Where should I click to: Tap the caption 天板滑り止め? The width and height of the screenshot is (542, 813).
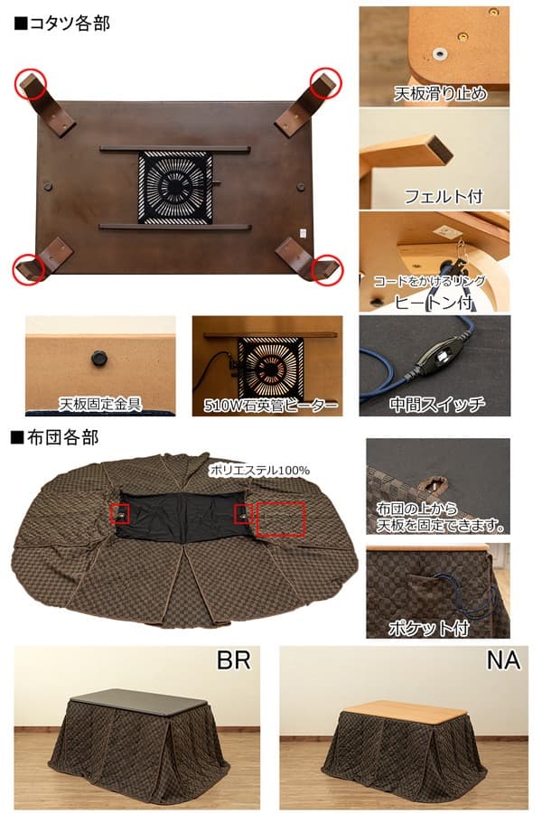tap(441, 93)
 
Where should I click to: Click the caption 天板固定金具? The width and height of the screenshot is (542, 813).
tap(99, 403)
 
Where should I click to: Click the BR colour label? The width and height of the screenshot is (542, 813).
tap(232, 660)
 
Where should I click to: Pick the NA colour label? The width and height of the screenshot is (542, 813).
tap(503, 660)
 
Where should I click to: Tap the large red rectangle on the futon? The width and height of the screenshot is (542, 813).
tap(281, 519)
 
